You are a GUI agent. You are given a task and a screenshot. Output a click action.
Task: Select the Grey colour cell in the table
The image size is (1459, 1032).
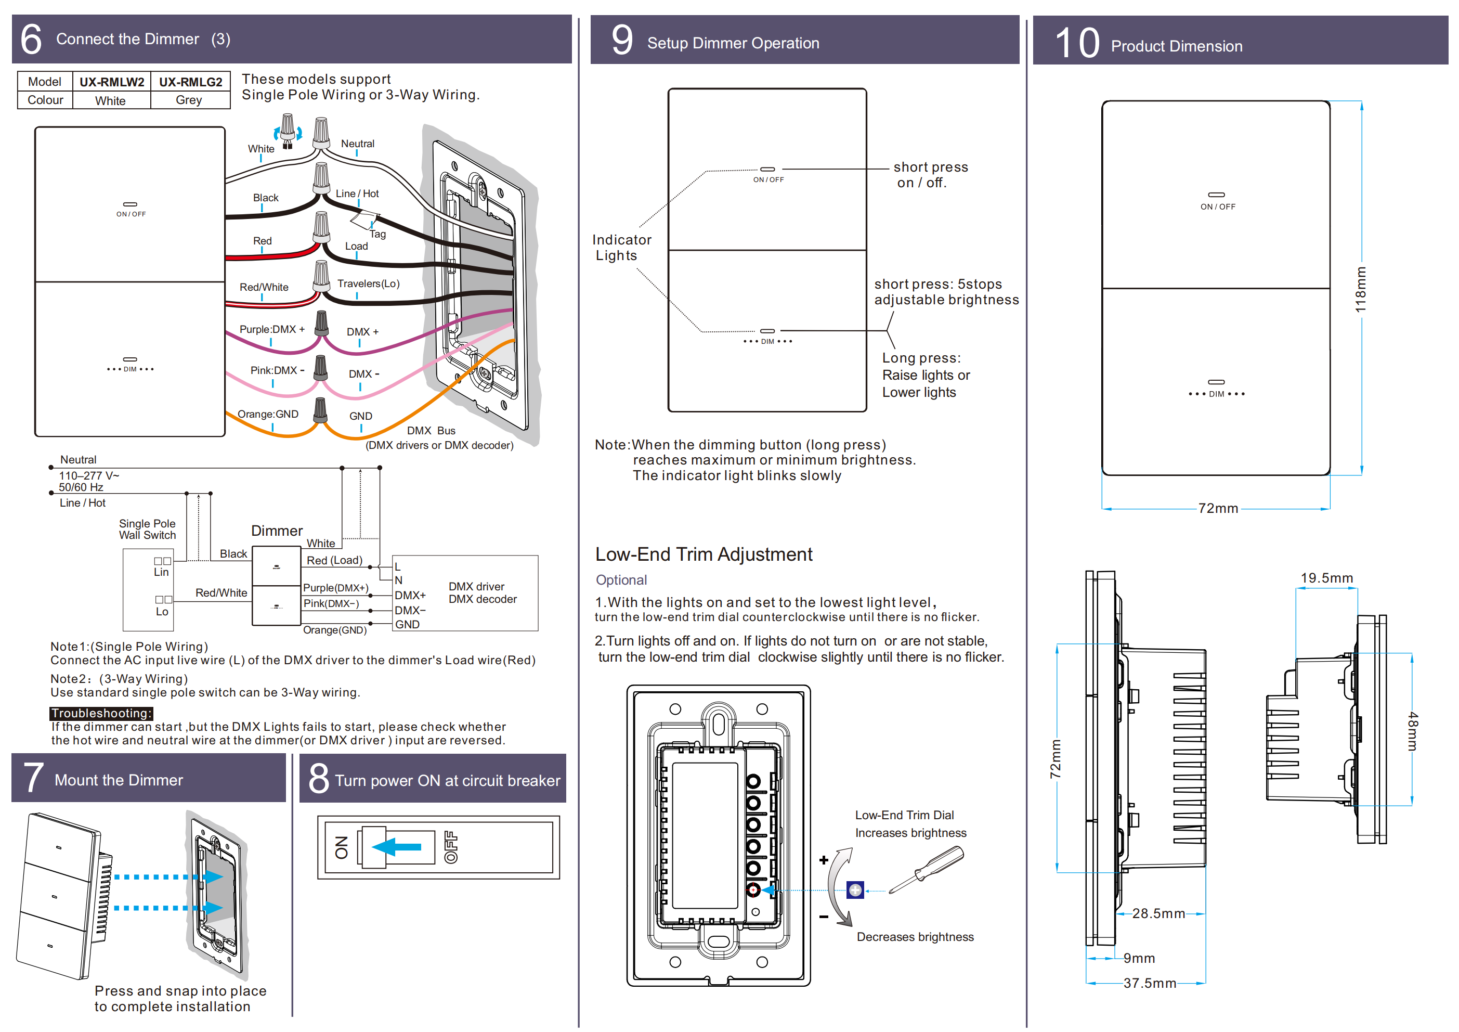[x=189, y=100]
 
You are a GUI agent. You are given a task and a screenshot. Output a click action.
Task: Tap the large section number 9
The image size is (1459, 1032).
[x=621, y=40]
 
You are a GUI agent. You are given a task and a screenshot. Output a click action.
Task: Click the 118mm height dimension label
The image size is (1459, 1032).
[x=1361, y=290]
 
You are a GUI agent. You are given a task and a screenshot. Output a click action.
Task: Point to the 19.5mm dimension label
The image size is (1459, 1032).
[x=1326, y=578]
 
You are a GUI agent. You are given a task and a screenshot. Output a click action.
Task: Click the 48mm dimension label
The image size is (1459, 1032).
[x=1412, y=731]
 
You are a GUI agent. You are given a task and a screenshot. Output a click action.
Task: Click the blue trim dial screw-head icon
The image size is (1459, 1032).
[x=855, y=890]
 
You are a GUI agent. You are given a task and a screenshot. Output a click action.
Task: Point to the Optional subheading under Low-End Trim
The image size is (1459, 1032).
[x=621, y=580]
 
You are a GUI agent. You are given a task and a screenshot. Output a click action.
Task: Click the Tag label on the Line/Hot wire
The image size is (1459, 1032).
[x=377, y=234]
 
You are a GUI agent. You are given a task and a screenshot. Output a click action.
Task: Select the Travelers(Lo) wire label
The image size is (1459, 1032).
[x=368, y=283]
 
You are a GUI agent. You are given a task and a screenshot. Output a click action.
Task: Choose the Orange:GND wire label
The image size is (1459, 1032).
[x=268, y=414]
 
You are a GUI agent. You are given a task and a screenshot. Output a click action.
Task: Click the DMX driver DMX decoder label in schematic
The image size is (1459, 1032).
[x=483, y=592]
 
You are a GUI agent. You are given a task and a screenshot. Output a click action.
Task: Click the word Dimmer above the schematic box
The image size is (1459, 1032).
[x=277, y=531]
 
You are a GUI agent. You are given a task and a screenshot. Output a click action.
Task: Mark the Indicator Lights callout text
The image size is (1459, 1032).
[x=621, y=248]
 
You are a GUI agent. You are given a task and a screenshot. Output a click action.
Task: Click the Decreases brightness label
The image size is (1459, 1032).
[x=915, y=937]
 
